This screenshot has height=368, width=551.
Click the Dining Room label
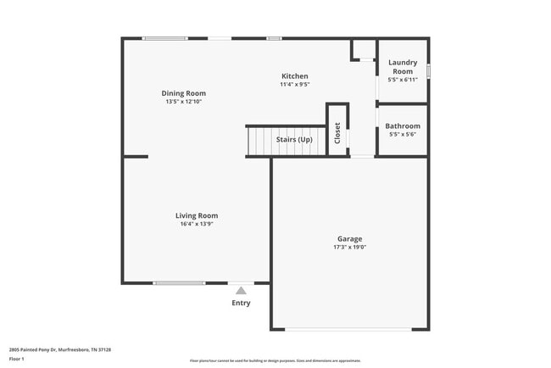[184, 93]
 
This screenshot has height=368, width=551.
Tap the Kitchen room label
[294, 76]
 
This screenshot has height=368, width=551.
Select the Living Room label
[197, 215]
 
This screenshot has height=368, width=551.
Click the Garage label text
[349, 239]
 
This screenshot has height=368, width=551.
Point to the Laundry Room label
[403, 67]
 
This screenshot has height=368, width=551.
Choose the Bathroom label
[403, 126]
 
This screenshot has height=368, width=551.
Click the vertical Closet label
[337, 133]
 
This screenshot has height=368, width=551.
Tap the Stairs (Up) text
[294, 139]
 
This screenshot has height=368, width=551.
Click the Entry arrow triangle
[241, 291]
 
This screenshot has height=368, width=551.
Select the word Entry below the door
[241, 303]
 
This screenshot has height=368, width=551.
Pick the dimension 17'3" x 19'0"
[349, 248]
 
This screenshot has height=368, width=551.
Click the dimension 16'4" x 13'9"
[197, 224]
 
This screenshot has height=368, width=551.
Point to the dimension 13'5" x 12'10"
[184, 102]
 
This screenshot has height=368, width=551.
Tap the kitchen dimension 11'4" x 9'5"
[294, 85]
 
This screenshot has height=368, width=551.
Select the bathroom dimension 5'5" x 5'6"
[403, 135]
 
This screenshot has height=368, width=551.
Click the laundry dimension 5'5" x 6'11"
[403, 80]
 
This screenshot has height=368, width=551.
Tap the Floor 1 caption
[17, 360]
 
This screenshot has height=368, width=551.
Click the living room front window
[179, 282]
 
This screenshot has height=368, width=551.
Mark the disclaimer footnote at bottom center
[275, 360]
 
